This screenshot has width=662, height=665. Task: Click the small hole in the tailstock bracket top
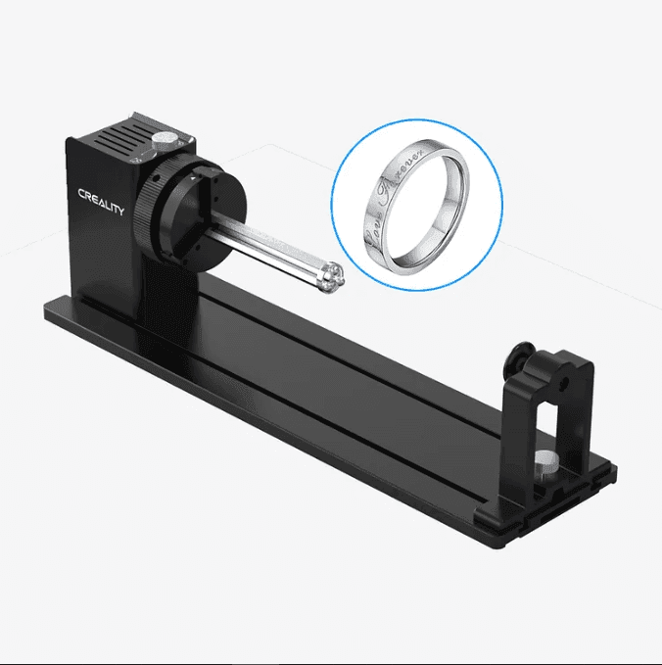[568, 373]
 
